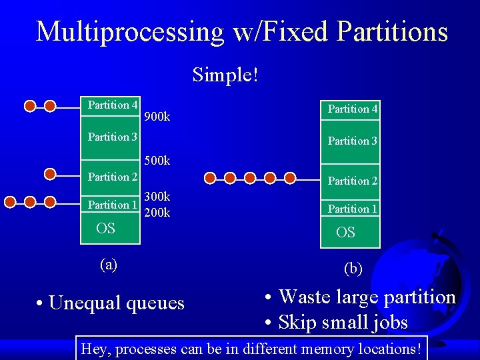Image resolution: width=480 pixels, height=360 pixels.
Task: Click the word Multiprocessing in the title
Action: coord(131,31)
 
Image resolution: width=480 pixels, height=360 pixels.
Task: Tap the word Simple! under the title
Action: coord(225,75)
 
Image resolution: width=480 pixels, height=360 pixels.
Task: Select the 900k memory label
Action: coord(157,117)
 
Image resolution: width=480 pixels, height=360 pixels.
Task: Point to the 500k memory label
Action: coord(157,161)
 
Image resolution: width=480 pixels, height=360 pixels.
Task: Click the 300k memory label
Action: coord(157,197)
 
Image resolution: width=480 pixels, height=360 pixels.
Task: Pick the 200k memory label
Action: coord(157,213)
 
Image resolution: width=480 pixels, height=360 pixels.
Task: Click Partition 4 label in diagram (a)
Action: coord(113,105)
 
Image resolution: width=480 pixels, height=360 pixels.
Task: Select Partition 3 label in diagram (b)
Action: coord(352,141)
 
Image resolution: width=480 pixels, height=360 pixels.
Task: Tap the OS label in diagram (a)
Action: coord(105,229)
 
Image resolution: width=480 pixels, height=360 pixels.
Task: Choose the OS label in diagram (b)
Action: coord(345,233)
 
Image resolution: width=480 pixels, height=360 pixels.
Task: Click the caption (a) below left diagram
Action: coord(108,264)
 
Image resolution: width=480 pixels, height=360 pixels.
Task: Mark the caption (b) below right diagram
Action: coord(353,269)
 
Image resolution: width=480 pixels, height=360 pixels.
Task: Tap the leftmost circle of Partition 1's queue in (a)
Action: coord(10,201)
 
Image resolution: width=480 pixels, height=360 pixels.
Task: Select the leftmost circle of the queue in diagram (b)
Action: coord(210,178)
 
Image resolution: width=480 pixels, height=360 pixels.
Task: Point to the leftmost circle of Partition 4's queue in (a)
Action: coord(29,105)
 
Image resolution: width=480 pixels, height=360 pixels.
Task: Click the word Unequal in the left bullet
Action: coord(79,303)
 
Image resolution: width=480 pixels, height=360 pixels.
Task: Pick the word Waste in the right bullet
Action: coord(307,297)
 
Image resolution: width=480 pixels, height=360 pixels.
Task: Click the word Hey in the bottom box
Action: coord(93,348)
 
